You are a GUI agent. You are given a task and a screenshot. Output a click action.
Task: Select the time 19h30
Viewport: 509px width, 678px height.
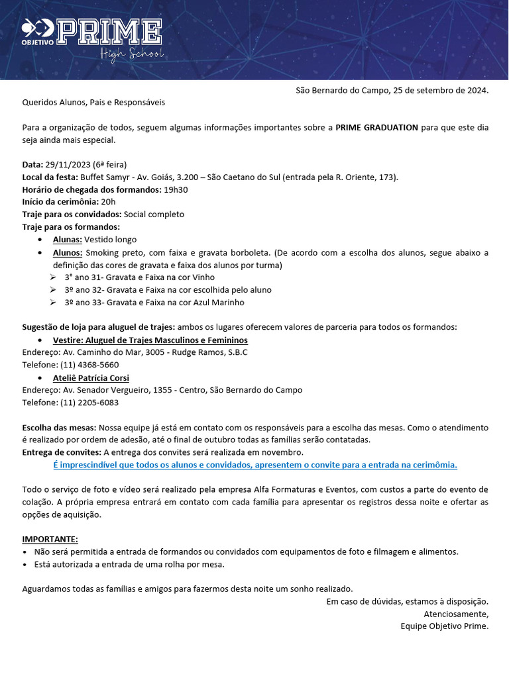(176, 189)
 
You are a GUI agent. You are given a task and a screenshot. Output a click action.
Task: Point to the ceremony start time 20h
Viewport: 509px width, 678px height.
(109, 202)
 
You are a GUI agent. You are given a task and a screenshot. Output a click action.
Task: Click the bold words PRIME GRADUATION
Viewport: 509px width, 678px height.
(376, 127)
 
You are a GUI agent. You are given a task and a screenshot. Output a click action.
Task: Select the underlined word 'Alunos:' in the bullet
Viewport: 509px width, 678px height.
(68, 252)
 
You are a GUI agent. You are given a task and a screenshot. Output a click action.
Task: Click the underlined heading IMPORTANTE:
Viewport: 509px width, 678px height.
(50, 539)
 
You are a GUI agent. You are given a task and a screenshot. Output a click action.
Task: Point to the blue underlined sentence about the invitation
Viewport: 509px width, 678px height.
(255, 465)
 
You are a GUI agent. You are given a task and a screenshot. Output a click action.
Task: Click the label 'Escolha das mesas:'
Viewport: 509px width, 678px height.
(60, 428)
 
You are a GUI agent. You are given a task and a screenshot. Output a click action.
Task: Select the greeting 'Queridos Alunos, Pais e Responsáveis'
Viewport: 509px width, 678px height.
(93, 103)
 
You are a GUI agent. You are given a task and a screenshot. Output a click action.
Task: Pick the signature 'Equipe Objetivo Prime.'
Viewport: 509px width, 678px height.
(445, 626)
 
